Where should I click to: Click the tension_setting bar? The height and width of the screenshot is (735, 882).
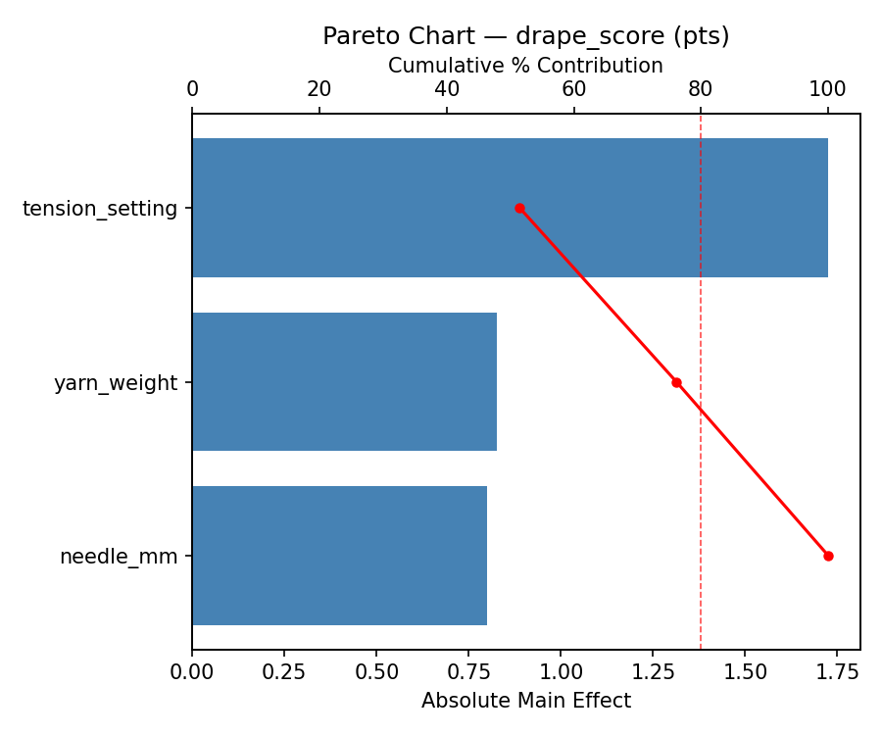click(x=510, y=208)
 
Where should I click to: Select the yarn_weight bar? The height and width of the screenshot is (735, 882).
click(x=344, y=382)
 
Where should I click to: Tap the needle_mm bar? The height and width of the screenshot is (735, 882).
click(x=339, y=556)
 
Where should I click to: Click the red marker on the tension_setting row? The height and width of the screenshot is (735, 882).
click(x=519, y=208)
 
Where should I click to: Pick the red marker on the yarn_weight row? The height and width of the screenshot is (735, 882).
click(x=676, y=382)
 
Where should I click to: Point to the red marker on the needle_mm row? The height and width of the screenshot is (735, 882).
click(x=828, y=556)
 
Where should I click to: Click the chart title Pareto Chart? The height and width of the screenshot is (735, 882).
click(x=526, y=36)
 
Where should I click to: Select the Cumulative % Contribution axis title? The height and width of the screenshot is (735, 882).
click(x=525, y=66)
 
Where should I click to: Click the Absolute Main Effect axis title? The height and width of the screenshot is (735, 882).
click(x=525, y=701)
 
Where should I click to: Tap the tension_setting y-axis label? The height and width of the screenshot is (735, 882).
click(x=100, y=209)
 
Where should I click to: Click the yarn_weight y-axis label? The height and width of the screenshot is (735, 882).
click(x=116, y=383)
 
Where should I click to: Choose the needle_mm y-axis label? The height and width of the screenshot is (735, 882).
click(x=119, y=557)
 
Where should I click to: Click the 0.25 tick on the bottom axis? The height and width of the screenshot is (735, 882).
click(x=284, y=673)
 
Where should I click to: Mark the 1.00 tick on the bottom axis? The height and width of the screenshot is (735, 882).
click(x=561, y=673)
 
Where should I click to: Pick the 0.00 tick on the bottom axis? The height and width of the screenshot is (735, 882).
click(x=192, y=673)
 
